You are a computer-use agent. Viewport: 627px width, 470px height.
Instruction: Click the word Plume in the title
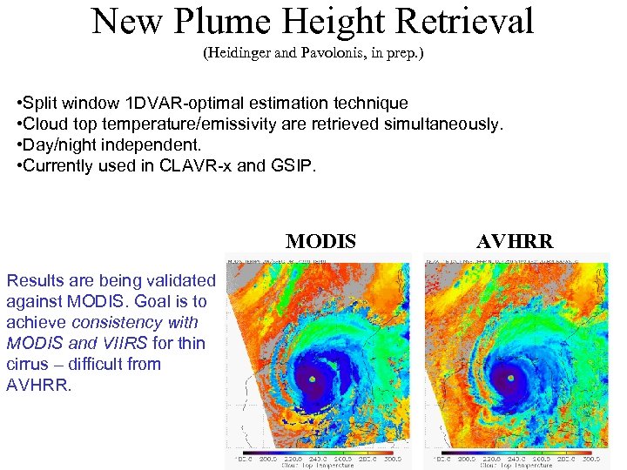click(231, 22)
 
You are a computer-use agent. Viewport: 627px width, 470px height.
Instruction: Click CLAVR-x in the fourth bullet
click(189, 166)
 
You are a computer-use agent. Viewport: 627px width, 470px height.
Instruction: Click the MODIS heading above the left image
click(320, 242)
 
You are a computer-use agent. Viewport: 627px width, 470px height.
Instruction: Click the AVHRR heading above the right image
click(514, 242)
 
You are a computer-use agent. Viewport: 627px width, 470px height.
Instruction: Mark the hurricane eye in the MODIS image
click(313, 379)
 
